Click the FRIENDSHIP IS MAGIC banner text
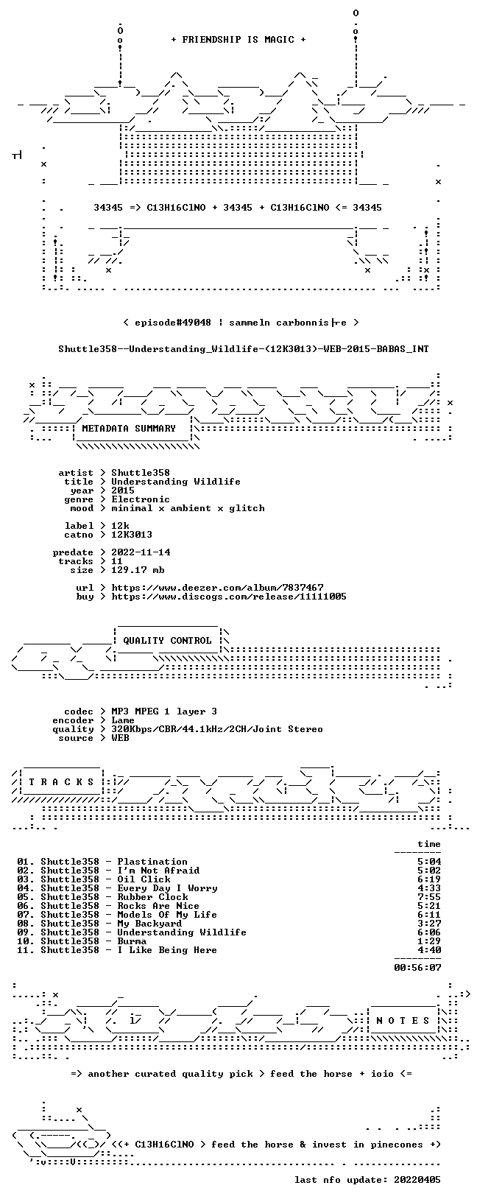239,40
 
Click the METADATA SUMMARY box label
129,428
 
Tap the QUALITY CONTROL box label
167,640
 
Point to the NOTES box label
403,1021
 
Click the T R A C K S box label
61,782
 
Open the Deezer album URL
217,588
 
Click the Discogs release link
229,597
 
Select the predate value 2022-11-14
141,552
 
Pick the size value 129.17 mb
138,570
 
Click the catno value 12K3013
132,535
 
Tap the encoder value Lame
123,720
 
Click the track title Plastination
152,862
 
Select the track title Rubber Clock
153,897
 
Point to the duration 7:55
429,897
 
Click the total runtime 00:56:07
417,968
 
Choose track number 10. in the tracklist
26,941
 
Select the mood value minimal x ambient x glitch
188,508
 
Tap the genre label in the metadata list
78,499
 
